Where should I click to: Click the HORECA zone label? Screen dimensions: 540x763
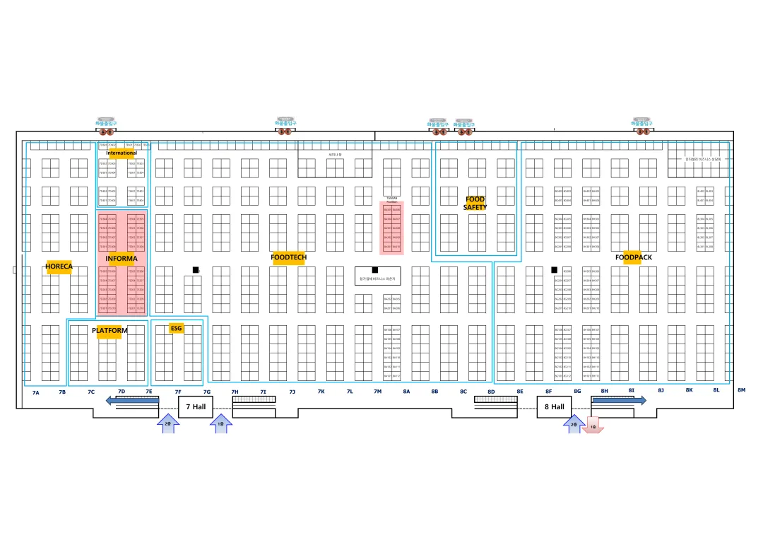[59, 266]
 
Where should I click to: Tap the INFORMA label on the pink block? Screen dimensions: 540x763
[121, 259]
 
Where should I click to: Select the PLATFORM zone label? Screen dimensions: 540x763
[110, 331]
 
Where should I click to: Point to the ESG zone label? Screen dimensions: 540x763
[176, 329]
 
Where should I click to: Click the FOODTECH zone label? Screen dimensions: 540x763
[288, 257]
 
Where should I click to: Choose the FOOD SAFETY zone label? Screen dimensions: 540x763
[475, 203]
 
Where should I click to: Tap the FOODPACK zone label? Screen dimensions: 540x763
[633, 257]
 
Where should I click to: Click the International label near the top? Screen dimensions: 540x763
[122, 153]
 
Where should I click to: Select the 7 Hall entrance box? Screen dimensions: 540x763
[196, 406]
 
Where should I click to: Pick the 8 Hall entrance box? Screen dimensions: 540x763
[554, 406]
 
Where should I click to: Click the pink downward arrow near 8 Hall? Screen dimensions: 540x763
[593, 428]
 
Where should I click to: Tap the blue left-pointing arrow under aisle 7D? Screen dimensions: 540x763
[132, 401]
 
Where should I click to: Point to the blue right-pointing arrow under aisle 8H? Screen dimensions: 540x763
[618, 400]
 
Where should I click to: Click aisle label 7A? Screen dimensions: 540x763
[36, 392]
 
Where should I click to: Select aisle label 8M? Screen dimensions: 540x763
[741, 389]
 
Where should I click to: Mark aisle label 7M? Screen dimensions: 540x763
[377, 391]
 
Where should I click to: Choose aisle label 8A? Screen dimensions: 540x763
[406, 391]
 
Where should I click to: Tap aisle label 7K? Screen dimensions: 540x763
[321, 391]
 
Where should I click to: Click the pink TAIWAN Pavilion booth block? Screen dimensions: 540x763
[391, 228]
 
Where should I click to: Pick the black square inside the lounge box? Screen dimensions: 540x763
[375, 270]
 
